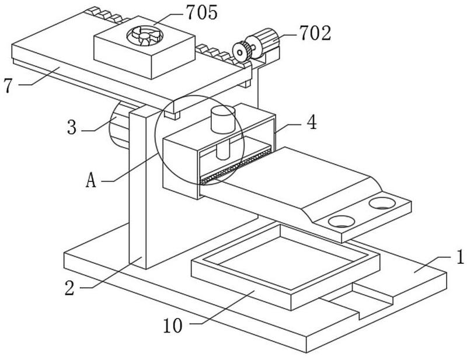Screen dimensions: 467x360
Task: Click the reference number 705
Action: click(201, 12)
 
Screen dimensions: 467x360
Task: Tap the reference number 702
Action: click(315, 33)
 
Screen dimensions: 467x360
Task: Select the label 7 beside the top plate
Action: click(9, 85)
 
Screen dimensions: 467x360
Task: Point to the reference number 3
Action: click(72, 128)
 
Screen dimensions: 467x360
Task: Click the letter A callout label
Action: click(91, 180)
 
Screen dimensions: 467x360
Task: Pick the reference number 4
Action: click(312, 122)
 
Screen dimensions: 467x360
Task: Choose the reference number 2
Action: click(69, 288)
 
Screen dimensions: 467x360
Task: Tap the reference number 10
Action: click(173, 326)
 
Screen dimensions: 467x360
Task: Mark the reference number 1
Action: click(460, 257)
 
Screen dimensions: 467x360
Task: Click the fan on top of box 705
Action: click(145, 36)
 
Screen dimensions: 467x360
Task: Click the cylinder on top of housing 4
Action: click(223, 119)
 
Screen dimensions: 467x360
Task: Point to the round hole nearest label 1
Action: click(382, 204)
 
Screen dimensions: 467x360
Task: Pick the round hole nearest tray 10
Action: click(341, 222)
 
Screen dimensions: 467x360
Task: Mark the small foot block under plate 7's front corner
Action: click(172, 115)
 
